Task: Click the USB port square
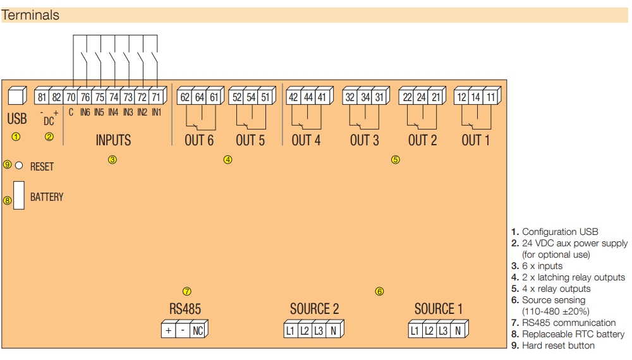[16, 97]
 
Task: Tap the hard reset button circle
[19, 165]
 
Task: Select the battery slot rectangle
[19, 195]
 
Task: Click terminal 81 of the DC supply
[42, 97]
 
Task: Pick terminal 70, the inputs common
[71, 97]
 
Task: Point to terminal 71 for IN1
[155, 97]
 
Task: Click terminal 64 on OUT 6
[200, 97]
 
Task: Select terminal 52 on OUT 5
[237, 97]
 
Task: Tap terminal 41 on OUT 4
[322, 97]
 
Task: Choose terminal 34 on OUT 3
[365, 97]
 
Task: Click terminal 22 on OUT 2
[408, 97]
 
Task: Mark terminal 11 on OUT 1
[491, 97]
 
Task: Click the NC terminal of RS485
[198, 330]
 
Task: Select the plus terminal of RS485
[169, 330]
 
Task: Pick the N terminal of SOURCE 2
[333, 330]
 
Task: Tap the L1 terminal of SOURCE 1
[415, 330]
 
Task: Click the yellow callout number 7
[186, 291]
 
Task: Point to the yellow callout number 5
[395, 160]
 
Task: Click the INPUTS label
[113, 140]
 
